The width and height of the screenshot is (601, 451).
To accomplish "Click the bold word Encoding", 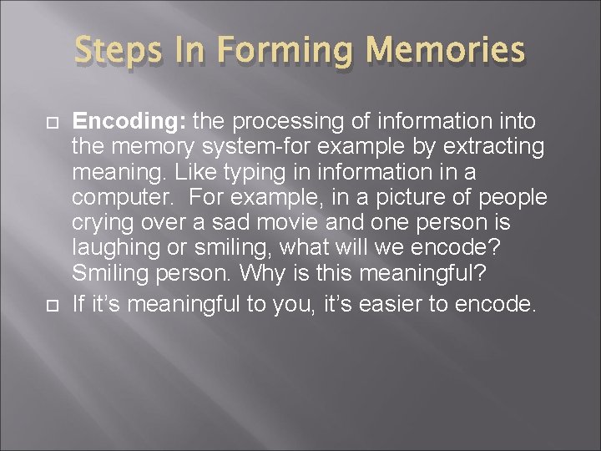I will [129, 122].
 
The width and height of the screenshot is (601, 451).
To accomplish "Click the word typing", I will [253, 173].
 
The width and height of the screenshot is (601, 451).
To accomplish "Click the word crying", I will [103, 224].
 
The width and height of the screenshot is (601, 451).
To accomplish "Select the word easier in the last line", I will [384, 305].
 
